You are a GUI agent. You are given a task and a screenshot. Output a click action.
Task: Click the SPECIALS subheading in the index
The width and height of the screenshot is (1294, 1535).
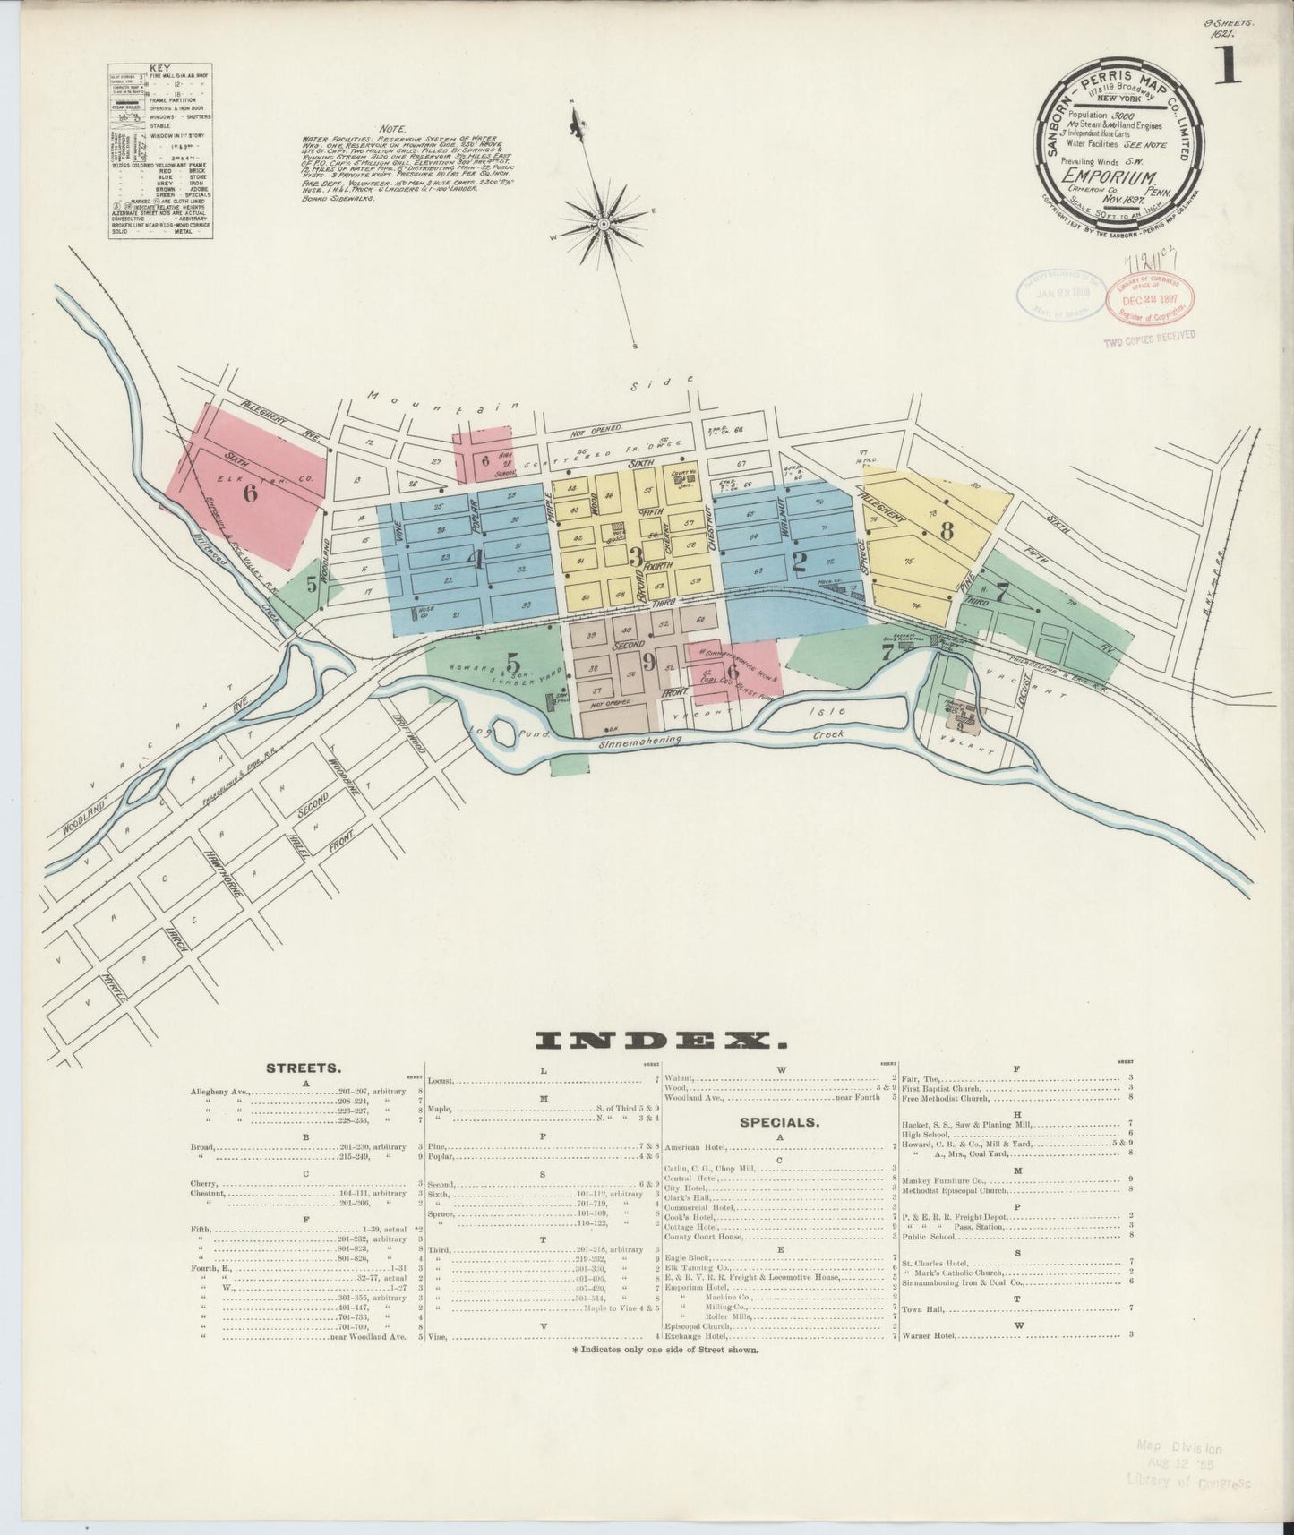tap(776, 1120)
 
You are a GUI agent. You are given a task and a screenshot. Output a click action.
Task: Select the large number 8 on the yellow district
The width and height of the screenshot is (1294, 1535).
tap(946, 529)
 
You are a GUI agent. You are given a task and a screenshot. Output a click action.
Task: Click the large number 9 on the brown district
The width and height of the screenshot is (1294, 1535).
tap(648, 663)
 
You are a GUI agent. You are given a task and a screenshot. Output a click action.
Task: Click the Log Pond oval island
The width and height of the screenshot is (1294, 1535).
tap(502, 733)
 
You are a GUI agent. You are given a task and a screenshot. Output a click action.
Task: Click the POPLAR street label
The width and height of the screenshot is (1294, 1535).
tap(477, 519)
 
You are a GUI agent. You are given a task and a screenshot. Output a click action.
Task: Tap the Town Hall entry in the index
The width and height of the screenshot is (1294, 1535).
tap(922, 1308)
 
